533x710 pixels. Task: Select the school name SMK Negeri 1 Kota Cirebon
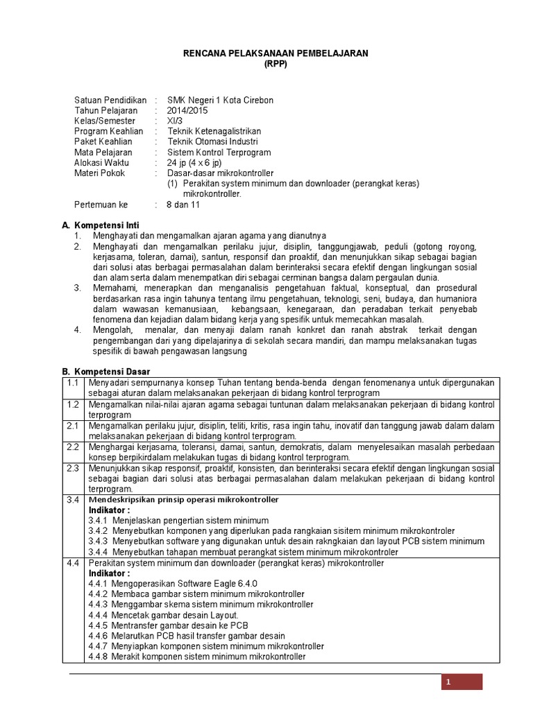point(220,101)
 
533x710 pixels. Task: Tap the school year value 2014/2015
point(187,111)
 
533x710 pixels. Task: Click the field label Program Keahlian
point(108,132)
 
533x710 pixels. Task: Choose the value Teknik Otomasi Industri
point(214,142)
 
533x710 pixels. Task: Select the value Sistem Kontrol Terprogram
point(219,153)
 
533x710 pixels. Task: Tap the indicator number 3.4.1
point(99,521)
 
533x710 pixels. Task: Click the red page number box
point(462,683)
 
